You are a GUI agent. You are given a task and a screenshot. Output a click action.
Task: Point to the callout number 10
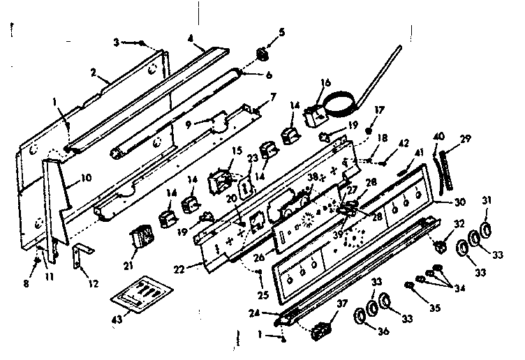click(86, 178)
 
